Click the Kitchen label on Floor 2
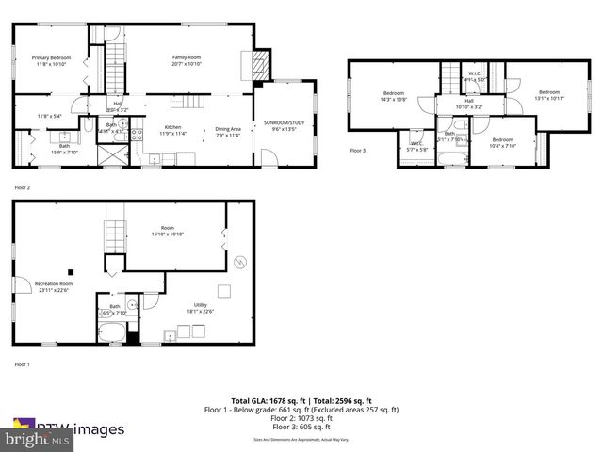point(173,129)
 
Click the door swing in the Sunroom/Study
point(269,160)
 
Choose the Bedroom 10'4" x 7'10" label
point(502,142)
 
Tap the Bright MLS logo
point(38,438)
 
